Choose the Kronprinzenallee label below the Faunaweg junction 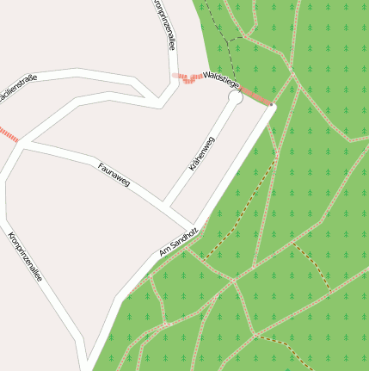[x=26, y=257]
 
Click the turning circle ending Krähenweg [x=235, y=98]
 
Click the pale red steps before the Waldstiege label [x=187, y=78]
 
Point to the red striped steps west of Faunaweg [x=8, y=134]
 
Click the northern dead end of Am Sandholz [x=271, y=107]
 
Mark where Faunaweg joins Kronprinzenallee [x=21, y=143]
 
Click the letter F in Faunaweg [x=101, y=165]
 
